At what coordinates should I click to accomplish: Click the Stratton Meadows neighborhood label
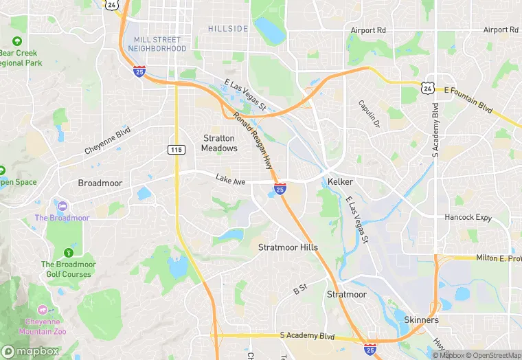pyautogui.click(x=219, y=143)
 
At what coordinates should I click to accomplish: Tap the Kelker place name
pyautogui.click(x=340, y=181)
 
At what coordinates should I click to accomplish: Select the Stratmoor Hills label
pyautogui.click(x=288, y=247)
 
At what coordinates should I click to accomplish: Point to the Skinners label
pyautogui.click(x=421, y=320)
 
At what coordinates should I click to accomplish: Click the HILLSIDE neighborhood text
pyautogui.click(x=228, y=28)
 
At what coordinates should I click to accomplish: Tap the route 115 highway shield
pyautogui.click(x=176, y=149)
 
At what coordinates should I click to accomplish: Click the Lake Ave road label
pyautogui.click(x=230, y=179)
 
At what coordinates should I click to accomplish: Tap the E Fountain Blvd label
pyautogui.click(x=469, y=90)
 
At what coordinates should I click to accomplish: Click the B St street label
pyautogui.click(x=299, y=291)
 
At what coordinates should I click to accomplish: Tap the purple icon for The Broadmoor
pyautogui.click(x=63, y=206)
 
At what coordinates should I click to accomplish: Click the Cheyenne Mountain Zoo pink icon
pyautogui.click(x=44, y=311)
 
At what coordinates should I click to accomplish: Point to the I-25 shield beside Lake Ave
pyautogui.click(x=280, y=188)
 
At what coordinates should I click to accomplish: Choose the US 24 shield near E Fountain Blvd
pyautogui.click(x=428, y=87)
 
